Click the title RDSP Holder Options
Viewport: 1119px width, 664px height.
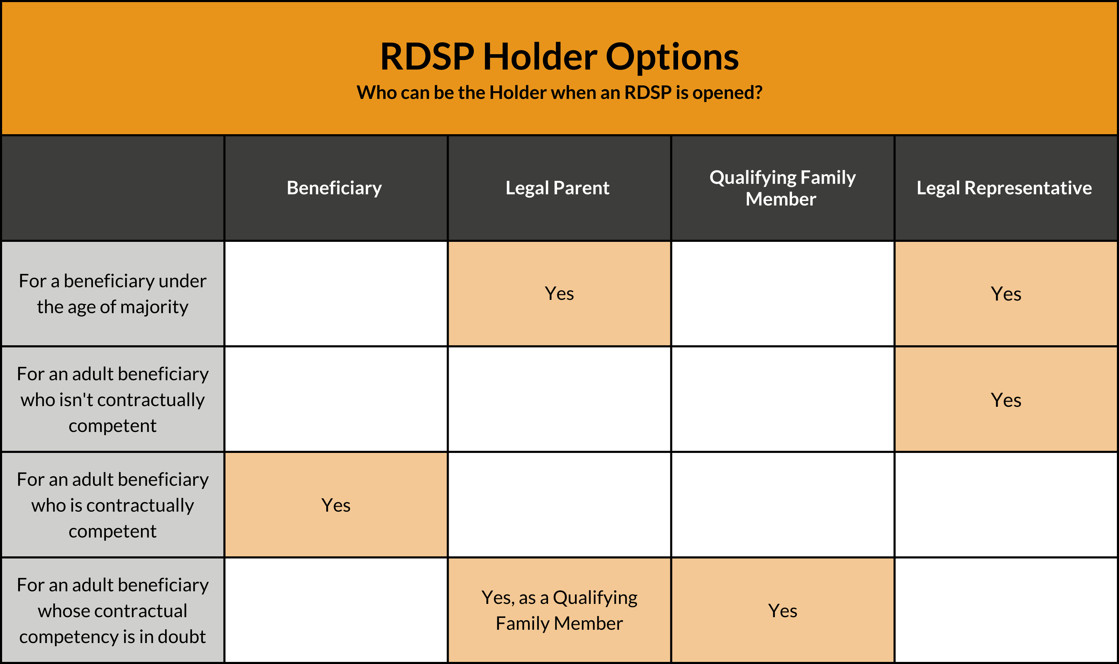coord(559,57)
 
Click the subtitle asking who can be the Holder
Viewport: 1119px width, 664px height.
coord(559,92)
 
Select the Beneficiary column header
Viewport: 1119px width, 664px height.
coord(334,188)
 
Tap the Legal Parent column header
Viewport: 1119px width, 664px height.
coord(557,188)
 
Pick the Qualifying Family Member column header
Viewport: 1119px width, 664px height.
coord(782,188)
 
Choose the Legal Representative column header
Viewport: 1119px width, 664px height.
coord(1004,188)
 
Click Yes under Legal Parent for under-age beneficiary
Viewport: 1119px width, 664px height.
coord(559,294)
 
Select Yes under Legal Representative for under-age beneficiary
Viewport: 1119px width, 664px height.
coord(1006,294)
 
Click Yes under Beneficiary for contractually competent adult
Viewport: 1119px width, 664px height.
coord(336,505)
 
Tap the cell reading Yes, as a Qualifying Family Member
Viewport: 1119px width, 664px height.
coord(559,610)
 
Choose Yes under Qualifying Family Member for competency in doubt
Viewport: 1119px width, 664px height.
coord(782,611)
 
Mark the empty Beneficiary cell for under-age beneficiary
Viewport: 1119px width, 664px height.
coord(336,294)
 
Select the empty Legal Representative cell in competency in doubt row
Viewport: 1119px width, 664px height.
coord(1006,610)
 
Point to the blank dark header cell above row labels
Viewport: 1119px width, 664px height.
coord(113,188)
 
